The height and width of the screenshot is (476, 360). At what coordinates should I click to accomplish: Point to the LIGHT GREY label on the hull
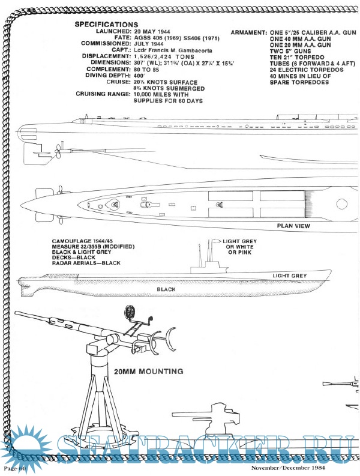[289, 276]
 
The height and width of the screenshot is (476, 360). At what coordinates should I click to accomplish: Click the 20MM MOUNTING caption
[148, 372]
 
